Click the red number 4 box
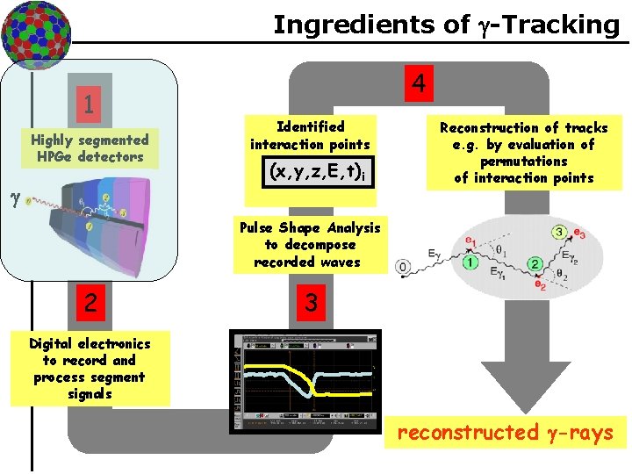tap(419, 84)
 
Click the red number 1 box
tap(89, 105)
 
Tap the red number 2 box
tap(89, 303)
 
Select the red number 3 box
tap(309, 303)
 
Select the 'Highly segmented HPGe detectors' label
tap(90, 148)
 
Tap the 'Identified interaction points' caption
tap(310, 135)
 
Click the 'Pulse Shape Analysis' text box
tap(310, 244)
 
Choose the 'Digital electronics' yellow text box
tap(90, 369)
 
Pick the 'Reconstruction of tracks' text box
tap(523, 153)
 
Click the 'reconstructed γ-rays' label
tap(505, 432)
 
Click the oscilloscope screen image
tap(305, 381)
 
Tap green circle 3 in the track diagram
tap(558, 232)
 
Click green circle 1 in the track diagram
tap(470, 262)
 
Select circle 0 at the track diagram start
tap(403, 265)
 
